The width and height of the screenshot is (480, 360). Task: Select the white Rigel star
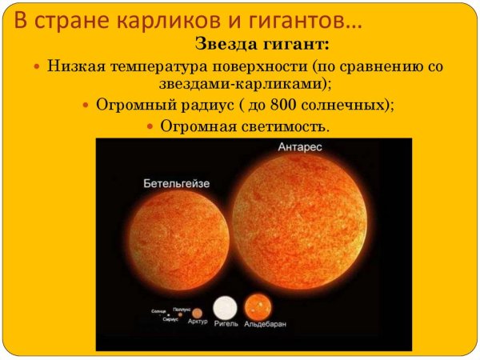[x=226, y=307]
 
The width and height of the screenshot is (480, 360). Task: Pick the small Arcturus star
[x=198, y=311]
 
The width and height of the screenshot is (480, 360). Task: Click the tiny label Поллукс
[x=182, y=307]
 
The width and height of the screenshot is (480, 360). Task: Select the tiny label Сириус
[x=170, y=319]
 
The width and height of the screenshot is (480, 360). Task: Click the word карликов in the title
[x=146, y=20]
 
